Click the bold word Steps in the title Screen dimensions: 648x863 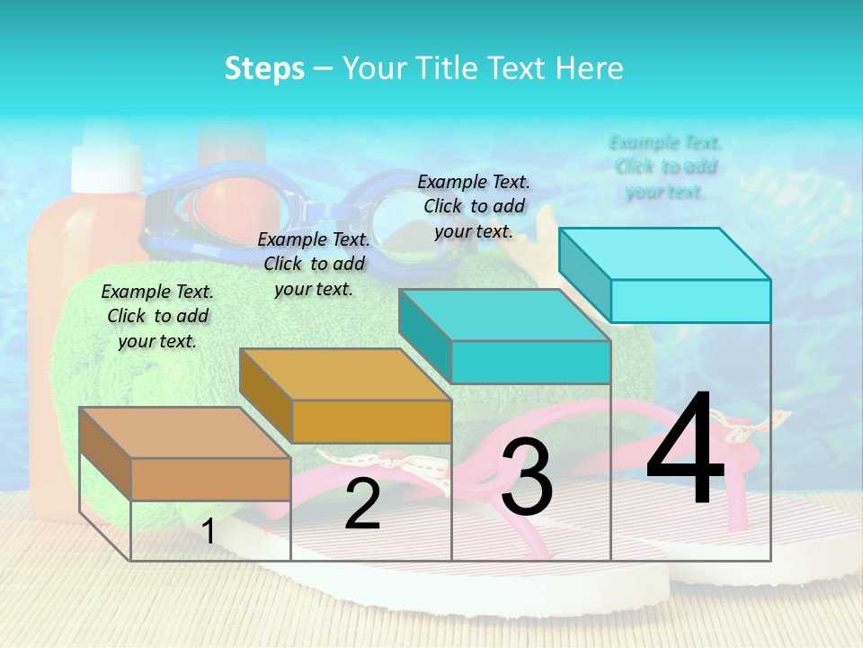tap(264, 68)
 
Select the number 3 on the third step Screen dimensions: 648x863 tap(527, 477)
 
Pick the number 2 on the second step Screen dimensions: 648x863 tap(362, 504)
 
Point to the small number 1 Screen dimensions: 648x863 tap(208, 531)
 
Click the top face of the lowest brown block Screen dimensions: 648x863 tap(184, 432)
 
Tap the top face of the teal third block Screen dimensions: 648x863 tap(504, 314)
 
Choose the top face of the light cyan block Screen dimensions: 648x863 tap(664, 253)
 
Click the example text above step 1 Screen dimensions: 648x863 tap(157, 316)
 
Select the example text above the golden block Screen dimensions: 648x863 tap(314, 264)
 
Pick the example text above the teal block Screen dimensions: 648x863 tap(474, 206)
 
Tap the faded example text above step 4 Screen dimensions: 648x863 tap(665, 166)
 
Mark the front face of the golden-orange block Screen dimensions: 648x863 tap(371, 421)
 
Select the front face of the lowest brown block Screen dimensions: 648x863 tap(210, 479)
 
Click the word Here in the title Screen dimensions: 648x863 tap(590, 68)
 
